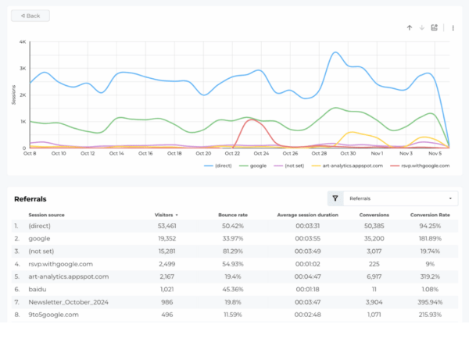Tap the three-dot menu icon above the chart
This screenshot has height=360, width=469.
453,27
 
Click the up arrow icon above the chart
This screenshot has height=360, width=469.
409,27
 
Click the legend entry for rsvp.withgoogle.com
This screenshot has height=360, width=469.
423,166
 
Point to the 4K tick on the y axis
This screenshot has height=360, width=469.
23,42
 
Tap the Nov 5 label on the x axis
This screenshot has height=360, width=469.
435,153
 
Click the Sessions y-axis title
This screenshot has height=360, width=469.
13,94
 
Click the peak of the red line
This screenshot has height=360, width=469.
252,119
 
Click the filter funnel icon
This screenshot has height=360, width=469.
335,199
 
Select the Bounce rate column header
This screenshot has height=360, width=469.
233,214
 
